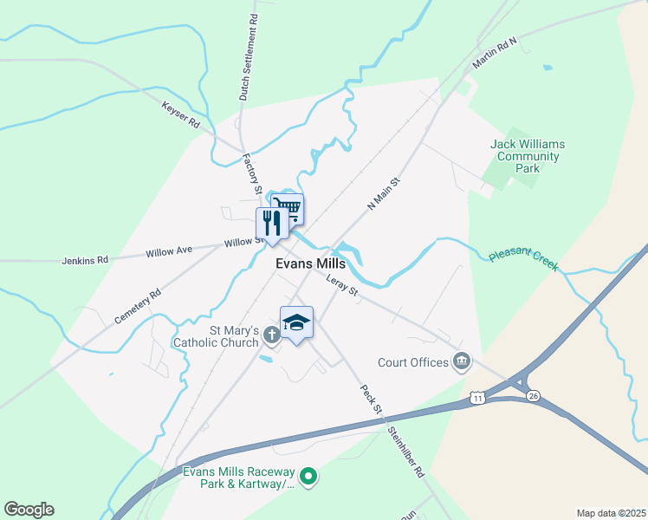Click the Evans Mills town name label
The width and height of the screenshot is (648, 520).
(x=310, y=263)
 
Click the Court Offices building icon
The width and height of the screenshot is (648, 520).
(x=462, y=361)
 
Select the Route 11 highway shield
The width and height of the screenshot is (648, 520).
(x=477, y=398)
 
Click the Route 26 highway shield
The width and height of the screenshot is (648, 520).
(x=534, y=396)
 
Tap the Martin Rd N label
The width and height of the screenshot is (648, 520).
(x=494, y=54)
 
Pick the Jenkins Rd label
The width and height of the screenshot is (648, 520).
(x=85, y=259)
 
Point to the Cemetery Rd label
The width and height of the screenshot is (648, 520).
(x=138, y=307)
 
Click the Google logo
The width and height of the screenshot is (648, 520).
(x=29, y=510)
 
